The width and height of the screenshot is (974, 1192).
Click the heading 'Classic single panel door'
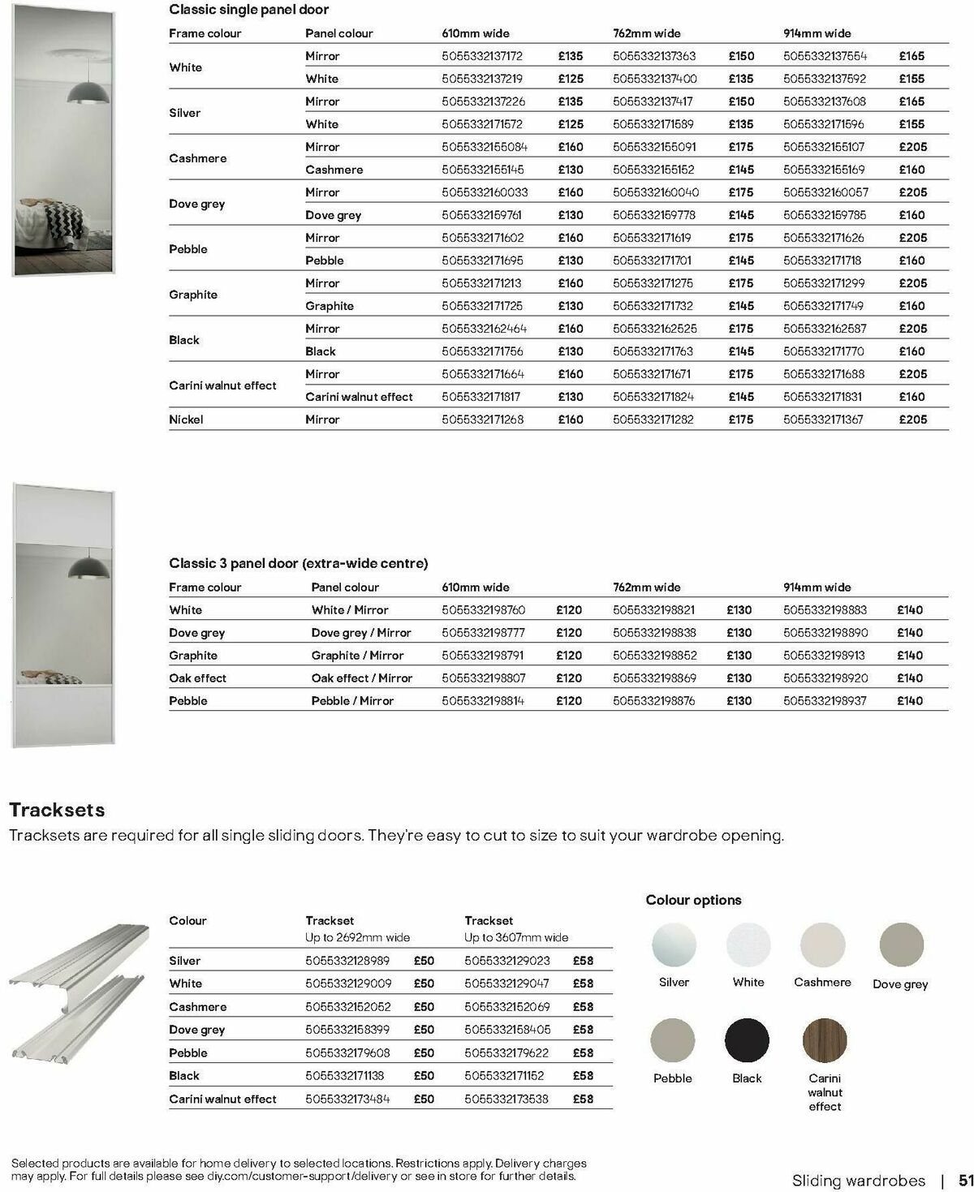click(248, 10)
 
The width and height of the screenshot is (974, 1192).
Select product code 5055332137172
click(482, 56)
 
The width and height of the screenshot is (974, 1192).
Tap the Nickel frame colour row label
click(186, 420)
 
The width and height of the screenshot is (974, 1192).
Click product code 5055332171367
click(823, 420)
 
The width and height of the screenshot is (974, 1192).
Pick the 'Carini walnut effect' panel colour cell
click(359, 397)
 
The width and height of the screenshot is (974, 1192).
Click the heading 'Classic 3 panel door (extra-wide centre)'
click(298, 563)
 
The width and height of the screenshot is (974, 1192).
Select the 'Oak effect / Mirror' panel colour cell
click(361, 678)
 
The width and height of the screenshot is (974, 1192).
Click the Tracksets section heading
click(57, 810)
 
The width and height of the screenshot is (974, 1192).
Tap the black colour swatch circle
click(746, 1040)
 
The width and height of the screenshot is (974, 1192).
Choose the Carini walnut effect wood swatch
click(824, 1040)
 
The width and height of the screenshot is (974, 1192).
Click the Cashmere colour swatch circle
click(822, 945)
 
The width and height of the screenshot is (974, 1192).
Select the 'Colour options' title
click(693, 900)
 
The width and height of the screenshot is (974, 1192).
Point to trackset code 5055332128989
click(347, 961)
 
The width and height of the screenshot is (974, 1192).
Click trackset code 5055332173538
click(506, 1099)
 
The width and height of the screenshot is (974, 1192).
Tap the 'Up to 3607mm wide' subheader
click(515, 937)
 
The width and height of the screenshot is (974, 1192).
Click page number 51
click(965, 1180)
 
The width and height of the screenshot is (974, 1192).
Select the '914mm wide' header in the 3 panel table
click(817, 587)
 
